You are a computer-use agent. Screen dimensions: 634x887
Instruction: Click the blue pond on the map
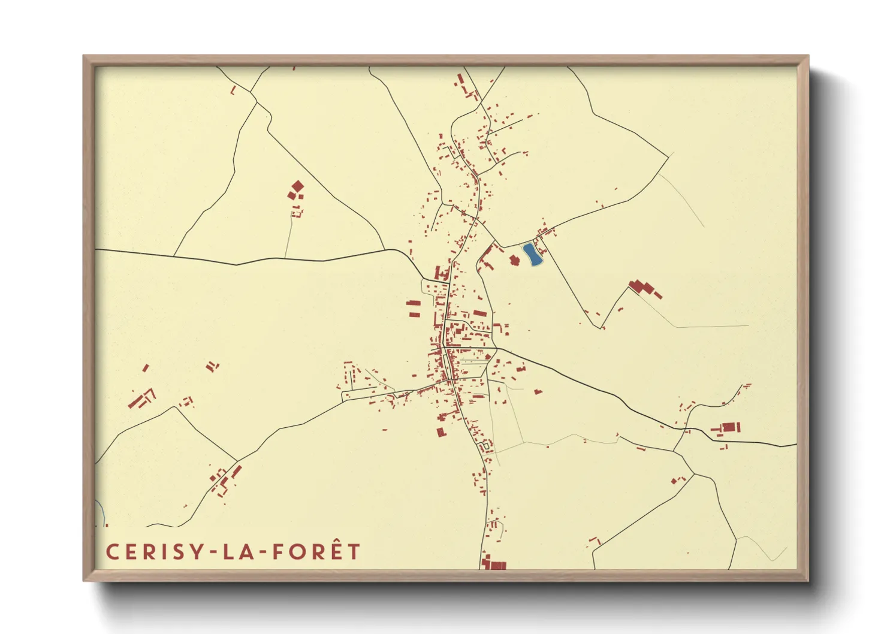click(x=532, y=254)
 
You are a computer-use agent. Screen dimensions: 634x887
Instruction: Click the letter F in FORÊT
click(x=278, y=552)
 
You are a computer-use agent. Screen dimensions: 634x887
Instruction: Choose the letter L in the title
click(x=228, y=552)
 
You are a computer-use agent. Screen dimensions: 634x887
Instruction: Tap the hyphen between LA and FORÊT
click(x=263, y=553)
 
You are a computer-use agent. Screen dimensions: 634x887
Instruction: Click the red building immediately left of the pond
click(x=514, y=260)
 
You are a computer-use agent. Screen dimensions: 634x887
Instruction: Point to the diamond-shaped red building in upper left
click(x=297, y=186)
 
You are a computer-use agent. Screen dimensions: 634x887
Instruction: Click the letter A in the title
click(x=246, y=552)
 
